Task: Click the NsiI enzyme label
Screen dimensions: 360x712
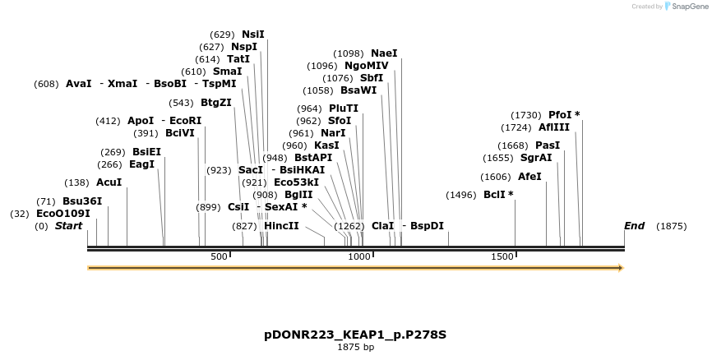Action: pyautogui.click(x=252, y=35)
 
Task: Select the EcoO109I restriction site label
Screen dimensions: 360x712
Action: pyautogui.click(x=62, y=214)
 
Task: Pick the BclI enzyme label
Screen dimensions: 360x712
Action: pyautogui.click(x=495, y=195)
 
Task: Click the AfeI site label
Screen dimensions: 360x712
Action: pyautogui.click(x=529, y=177)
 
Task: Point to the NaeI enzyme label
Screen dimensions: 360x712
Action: pyautogui.click(x=384, y=53)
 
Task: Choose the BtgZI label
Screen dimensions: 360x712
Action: pyautogui.click(x=215, y=103)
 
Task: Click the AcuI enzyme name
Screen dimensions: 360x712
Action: pyautogui.click(x=109, y=182)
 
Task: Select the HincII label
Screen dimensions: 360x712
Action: pyautogui.click(x=281, y=226)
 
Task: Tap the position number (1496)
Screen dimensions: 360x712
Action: pyautogui.click(x=460, y=195)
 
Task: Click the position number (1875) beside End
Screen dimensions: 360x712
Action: pyautogui.click(x=671, y=226)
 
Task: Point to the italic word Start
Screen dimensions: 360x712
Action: pyautogui.click(x=68, y=226)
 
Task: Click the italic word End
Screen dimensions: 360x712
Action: pyautogui.click(x=634, y=226)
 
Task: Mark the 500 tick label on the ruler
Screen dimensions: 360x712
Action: pyautogui.click(x=219, y=257)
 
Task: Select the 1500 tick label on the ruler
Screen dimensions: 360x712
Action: pyautogui.click(x=502, y=257)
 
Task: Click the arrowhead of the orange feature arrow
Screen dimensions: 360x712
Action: pyautogui.click(x=621, y=268)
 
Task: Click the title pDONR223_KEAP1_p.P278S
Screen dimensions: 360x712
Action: pyautogui.click(x=355, y=335)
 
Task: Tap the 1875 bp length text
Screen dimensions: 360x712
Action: pyautogui.click(x=355, y=348)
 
